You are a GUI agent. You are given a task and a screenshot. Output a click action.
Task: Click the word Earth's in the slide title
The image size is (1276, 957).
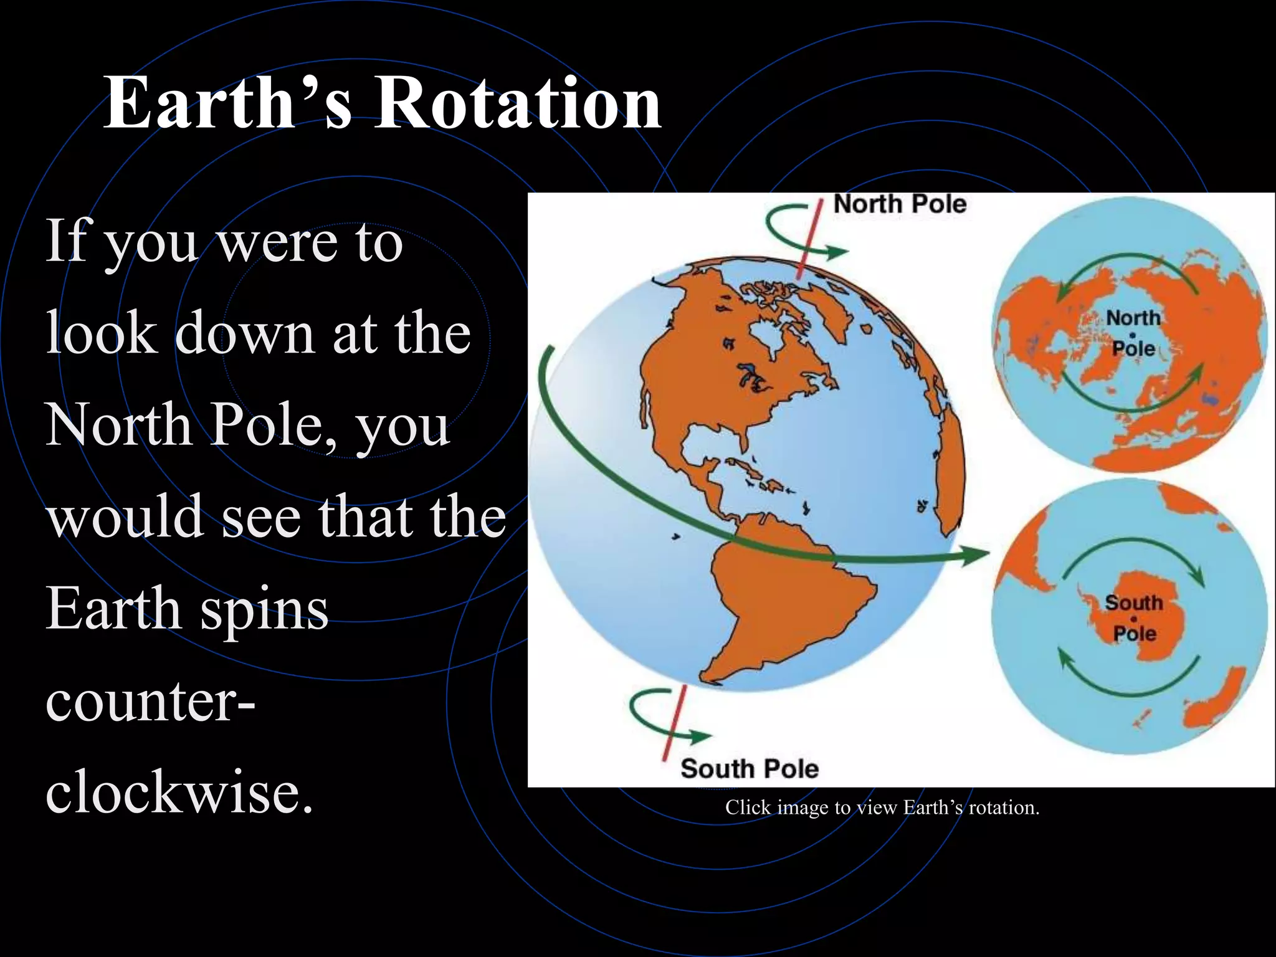228,103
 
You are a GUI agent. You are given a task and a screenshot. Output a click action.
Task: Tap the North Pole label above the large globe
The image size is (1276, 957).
899,204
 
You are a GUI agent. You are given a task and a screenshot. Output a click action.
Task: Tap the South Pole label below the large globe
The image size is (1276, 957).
749,769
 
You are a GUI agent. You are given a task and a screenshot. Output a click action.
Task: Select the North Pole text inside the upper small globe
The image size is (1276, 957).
1133,333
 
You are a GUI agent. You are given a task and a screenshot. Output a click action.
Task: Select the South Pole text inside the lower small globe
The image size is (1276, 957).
1134,618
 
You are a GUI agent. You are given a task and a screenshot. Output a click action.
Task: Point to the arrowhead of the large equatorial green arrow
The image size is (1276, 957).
975,553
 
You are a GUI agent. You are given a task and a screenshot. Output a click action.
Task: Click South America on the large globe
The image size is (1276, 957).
785,598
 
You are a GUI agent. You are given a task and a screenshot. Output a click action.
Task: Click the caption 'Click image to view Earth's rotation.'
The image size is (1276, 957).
882,807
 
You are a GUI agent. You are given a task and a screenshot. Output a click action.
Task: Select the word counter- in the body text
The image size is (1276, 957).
150,701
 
